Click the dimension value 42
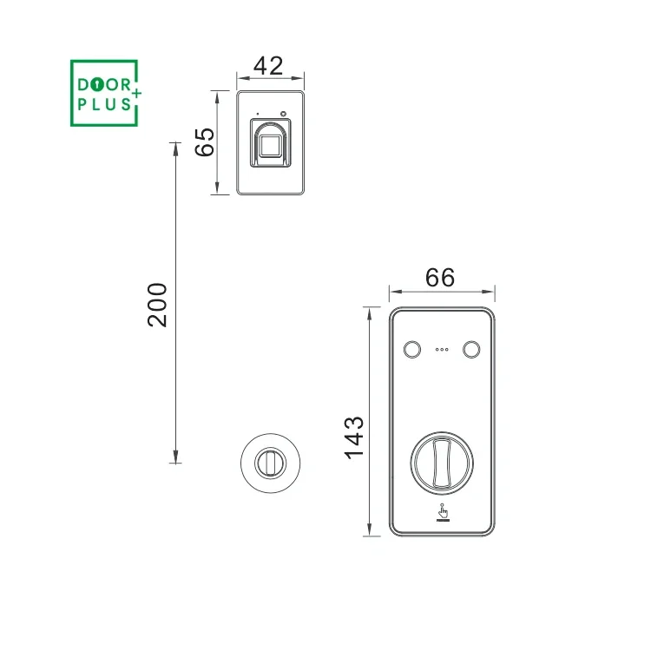point(268,66)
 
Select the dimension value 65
point(205,142)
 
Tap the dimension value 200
point(157,306)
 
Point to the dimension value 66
point(440,278)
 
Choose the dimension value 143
point(354,437)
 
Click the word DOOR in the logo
point(104,85)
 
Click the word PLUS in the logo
point(104,104)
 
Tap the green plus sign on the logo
point(136,94)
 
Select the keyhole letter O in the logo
point(97,85)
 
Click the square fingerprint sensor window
point(270,146)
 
